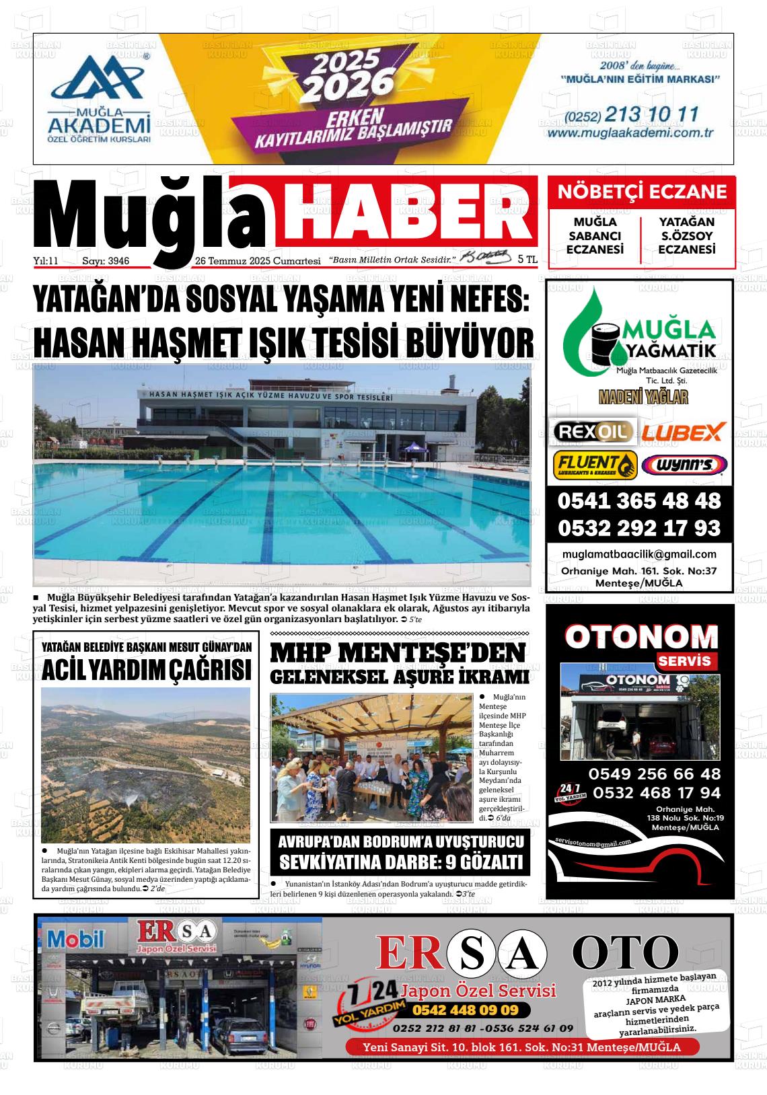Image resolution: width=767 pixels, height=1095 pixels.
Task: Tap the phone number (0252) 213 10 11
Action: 632,114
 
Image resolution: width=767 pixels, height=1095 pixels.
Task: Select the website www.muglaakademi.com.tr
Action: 630,133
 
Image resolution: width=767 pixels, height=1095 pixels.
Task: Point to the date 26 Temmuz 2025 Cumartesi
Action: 257,261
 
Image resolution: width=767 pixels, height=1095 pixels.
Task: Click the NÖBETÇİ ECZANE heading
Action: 642,192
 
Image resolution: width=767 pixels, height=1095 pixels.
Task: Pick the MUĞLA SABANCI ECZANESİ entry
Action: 595,235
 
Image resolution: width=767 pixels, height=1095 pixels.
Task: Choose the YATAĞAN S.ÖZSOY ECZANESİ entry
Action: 686,235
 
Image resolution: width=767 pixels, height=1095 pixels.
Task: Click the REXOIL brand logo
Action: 593,431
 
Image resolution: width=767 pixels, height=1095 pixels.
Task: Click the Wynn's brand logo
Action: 684,465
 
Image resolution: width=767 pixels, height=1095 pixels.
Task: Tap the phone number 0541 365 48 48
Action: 638,501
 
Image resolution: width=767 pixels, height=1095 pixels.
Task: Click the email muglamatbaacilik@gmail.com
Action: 638,554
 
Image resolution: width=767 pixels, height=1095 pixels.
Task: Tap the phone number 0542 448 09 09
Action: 465,1010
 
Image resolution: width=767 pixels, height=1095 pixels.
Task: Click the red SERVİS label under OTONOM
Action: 685,661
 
